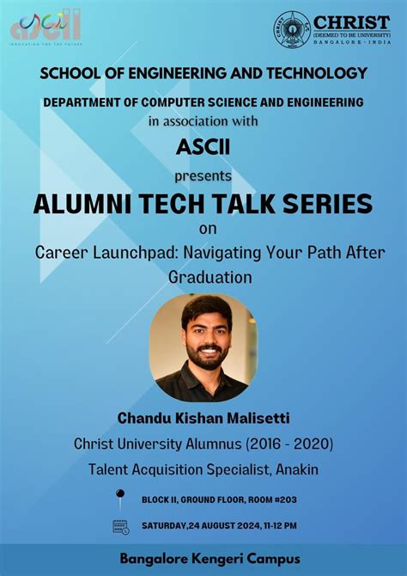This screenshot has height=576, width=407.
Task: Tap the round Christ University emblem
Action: click(x=292, y=28)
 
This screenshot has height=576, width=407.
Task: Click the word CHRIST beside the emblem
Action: click(x=351, y=22)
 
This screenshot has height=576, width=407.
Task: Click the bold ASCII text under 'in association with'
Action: click(x=203, y=147)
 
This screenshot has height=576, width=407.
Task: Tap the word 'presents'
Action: click(x=203, y=176)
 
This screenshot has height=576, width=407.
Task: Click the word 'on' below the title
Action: click(x=203, y=230)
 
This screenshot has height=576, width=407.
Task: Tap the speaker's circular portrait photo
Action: click(x=203, y=347)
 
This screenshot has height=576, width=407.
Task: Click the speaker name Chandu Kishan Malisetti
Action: click(x=203, y=419)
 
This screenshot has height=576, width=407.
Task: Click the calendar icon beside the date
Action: click(x=120, y=526)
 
